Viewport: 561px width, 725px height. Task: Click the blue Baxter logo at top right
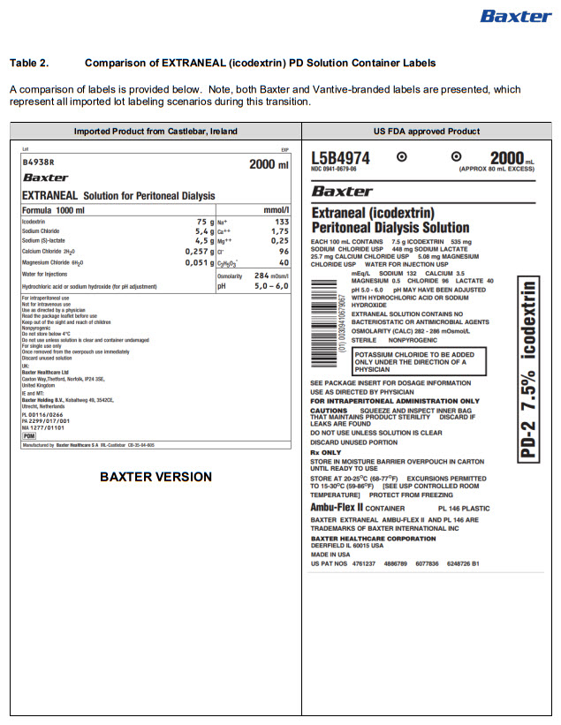tap(515, 16)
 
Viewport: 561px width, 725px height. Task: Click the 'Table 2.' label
tap(29, 64)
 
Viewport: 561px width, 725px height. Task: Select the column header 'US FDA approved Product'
tap(427, 131)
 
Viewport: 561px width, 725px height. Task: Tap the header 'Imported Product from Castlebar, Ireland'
tap(155, 131)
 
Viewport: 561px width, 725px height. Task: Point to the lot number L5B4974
tap(340, 158)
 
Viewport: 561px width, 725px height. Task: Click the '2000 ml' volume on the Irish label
tap(269, 164)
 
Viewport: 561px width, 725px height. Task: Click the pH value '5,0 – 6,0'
tap(271, 286)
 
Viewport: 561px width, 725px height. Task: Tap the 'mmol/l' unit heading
tap(275, 210)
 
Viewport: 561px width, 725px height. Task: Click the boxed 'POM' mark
tap(28, 435)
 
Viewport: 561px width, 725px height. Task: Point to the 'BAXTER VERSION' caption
tap(155, 477)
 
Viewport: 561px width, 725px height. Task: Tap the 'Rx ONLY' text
tap(325, 452)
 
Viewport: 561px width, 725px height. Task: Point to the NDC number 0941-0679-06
tap(334, 169)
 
